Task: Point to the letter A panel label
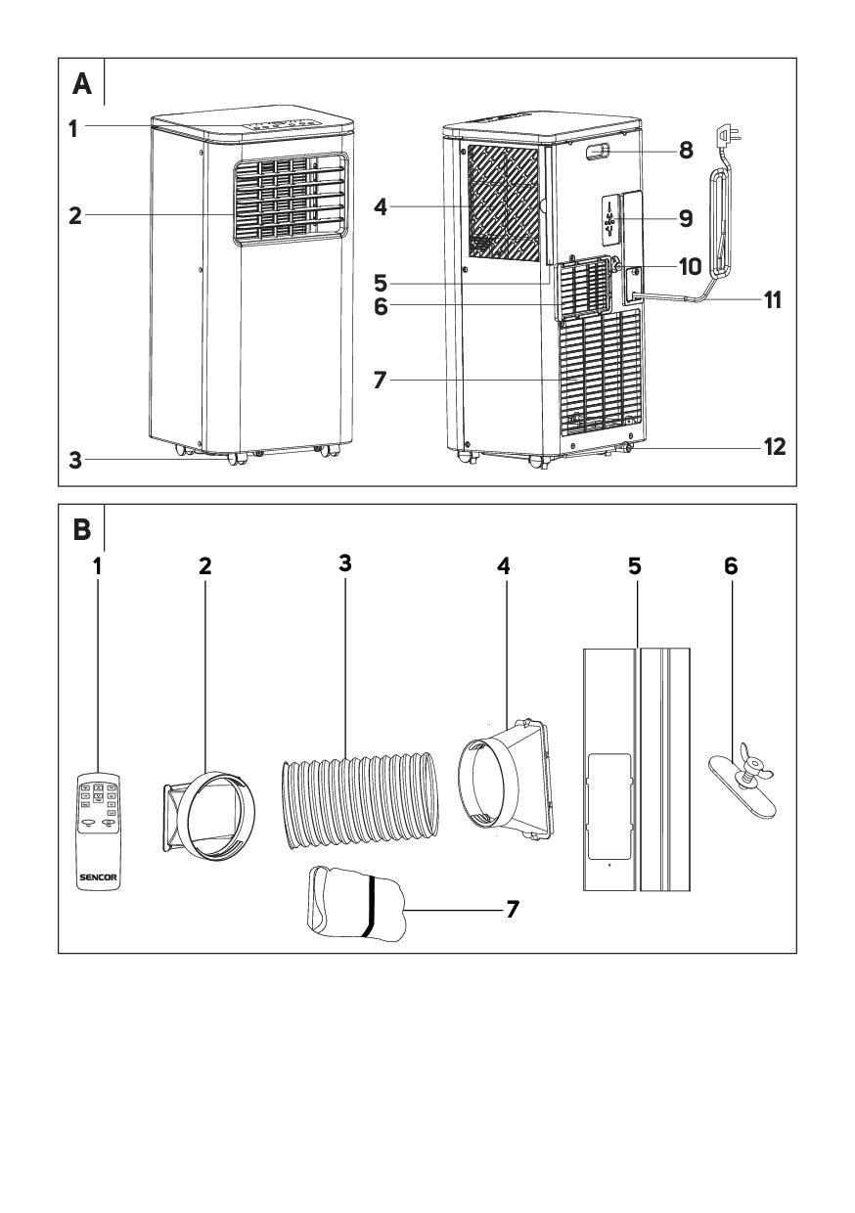82,85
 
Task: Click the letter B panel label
82,530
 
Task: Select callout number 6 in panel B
731,566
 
